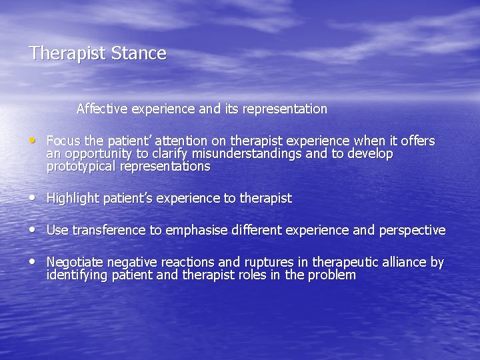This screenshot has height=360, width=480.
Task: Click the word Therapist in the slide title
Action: pos(67,54)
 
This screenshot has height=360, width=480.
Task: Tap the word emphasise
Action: pos(195,231)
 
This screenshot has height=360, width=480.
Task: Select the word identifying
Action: pos(74,275)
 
